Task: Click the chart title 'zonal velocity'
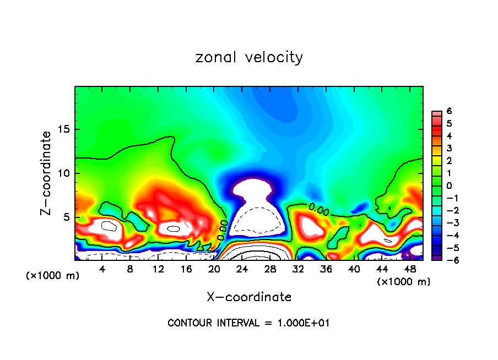click(249, 57)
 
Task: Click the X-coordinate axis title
click(249, 297)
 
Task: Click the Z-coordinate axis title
click(47, 173)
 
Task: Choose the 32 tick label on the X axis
click(298, 269)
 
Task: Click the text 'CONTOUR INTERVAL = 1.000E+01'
click(249, 323)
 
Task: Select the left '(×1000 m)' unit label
click(53, 276)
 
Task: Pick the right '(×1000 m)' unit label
click(404, 282)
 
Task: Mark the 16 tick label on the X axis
click(186, 269)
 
